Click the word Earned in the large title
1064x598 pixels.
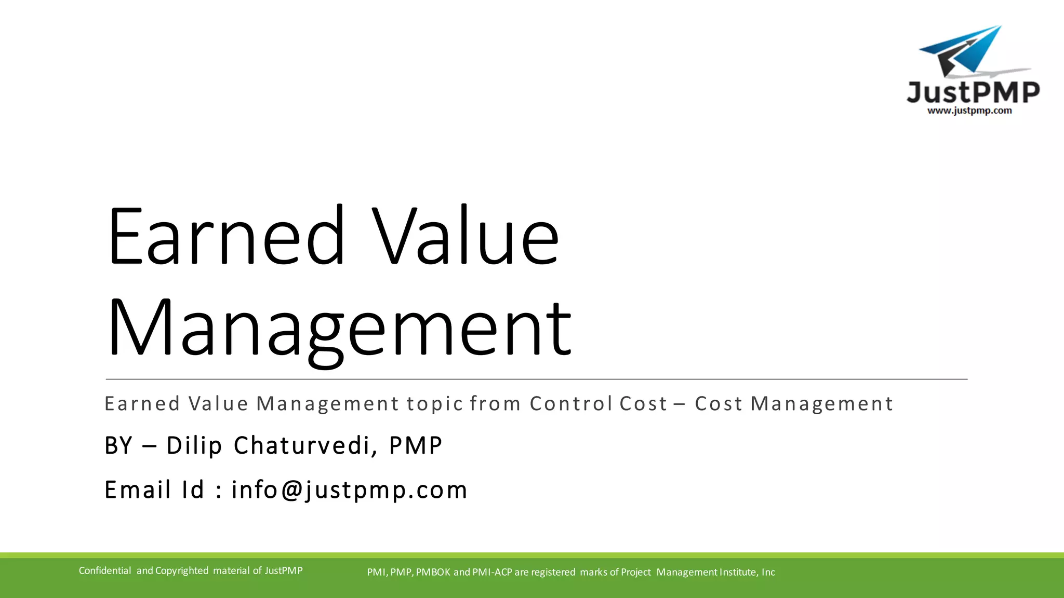(226, 236)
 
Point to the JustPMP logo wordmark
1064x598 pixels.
(973, 92)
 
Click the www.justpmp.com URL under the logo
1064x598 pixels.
(969, 111)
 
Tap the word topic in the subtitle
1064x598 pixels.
(434, 404)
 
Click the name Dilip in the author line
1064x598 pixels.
(194, 445)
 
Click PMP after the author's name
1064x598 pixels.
(416, 445)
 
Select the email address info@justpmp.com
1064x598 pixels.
(349, 490)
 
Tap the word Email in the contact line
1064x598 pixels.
(138, 490)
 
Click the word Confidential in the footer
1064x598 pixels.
(105, 570)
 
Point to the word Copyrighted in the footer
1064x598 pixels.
(182, 570)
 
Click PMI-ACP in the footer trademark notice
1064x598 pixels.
(492, 572)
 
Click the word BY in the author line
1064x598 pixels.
(118, 445)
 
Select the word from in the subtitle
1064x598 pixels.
(495, 404)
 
